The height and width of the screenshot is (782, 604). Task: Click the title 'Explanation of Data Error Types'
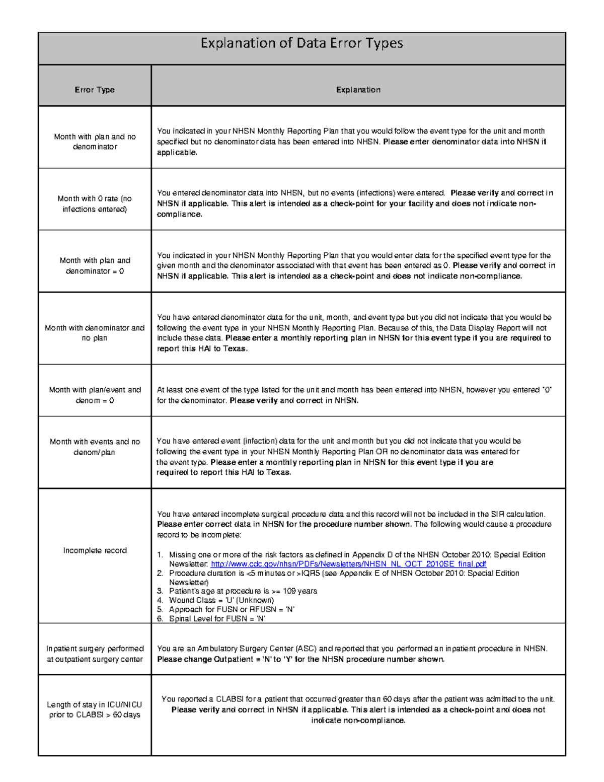tap(301, 43)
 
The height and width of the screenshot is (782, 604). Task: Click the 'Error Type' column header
tap(95, 90)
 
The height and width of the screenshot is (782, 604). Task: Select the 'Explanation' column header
tap(358, 90)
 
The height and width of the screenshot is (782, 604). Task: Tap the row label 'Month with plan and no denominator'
tap(95, 141)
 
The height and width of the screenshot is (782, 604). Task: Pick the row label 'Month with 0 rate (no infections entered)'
tap(95, 204)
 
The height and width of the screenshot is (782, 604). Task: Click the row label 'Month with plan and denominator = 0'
tap(95, 266)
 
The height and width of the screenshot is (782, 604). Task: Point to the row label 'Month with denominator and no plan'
tap(95, 333)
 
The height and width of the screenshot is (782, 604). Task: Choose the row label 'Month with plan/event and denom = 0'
tap(95, 395)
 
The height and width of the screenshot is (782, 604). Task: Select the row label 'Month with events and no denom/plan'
tap(95, 447)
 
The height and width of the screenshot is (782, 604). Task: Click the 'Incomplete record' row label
tap(95, 550)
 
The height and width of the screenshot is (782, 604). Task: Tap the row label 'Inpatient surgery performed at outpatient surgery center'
tap(95, 654)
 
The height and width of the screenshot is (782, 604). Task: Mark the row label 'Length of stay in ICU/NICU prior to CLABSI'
tap(95, 709)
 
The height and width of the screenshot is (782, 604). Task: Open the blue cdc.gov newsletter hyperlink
tap(348, 564)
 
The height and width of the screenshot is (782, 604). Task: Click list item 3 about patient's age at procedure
tap(243, 591)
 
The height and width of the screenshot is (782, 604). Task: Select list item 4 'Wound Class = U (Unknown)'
tap(221, 600)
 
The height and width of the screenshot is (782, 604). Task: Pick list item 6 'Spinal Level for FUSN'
tap(217, 618)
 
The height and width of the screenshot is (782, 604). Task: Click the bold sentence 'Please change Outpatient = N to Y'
tap(300, 660)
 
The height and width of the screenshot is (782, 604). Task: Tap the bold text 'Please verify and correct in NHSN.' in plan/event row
tap(294, 401)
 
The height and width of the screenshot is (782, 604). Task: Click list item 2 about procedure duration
tap(343, 573)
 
